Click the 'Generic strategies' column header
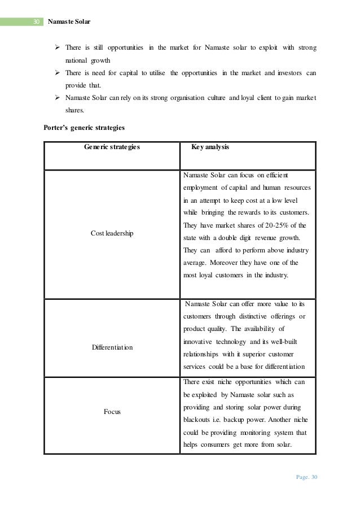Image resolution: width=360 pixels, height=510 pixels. [x=112, y=148]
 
